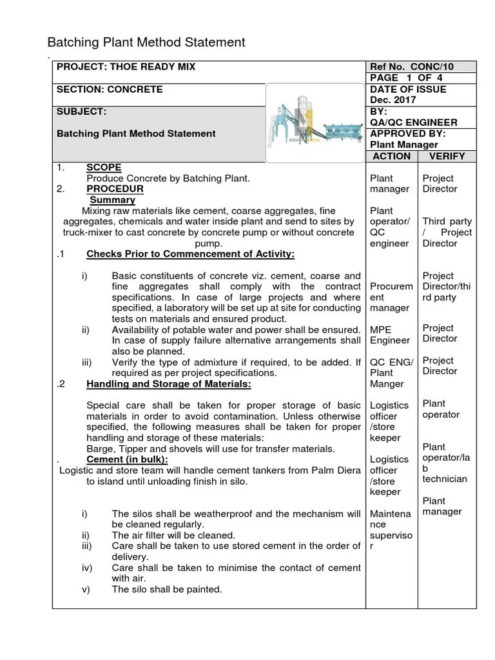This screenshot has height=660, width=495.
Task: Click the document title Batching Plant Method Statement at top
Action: click(146, 43)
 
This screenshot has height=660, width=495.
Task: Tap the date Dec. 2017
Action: click(393, 101)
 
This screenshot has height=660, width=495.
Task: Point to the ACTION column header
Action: click(391, 156)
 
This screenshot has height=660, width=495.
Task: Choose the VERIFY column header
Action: click(449, 156)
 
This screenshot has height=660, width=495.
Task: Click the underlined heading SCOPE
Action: click(104, 168)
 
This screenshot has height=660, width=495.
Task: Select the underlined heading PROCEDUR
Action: click(115, 189)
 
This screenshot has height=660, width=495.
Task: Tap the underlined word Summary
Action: click(112, 200)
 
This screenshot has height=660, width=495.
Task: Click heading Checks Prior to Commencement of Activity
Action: click(190, 255)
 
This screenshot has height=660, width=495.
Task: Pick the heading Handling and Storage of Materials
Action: click(168, 384)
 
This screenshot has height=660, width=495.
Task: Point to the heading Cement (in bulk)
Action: click(127, 459)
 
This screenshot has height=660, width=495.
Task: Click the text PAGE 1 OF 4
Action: click(406, 78)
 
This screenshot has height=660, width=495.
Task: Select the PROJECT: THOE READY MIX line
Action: click(126, 67)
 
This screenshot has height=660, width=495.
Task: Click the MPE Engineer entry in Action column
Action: click(389, 335)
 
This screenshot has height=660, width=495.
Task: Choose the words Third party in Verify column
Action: click(447, 221)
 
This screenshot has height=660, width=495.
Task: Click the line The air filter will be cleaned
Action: click(173, 535)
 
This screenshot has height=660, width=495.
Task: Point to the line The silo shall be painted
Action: click(166, 589)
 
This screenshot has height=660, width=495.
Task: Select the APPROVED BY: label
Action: click(408, 133)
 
